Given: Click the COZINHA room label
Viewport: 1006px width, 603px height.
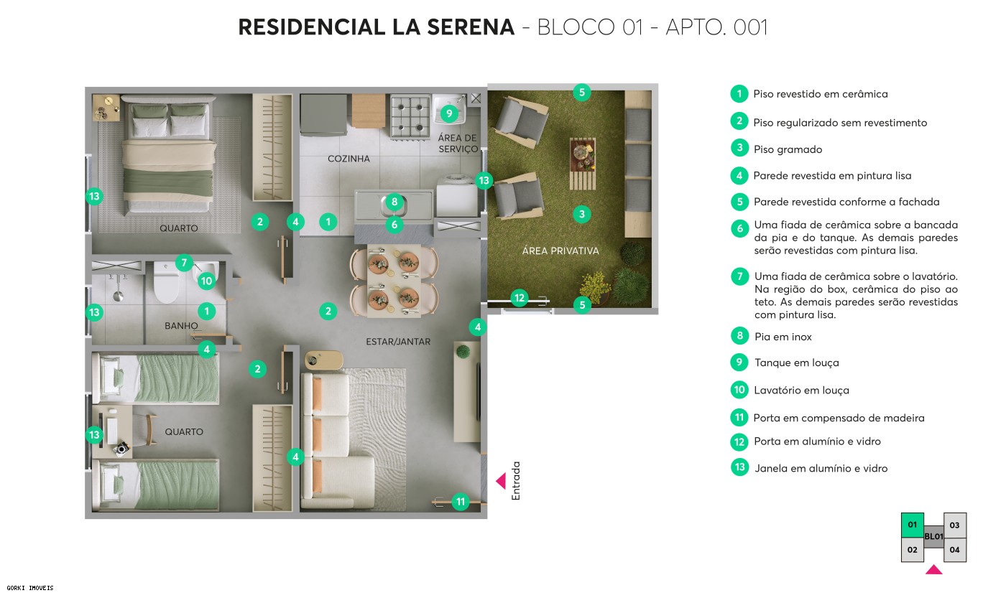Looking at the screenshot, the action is (349, 159).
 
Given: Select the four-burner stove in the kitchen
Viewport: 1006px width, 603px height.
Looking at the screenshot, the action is (410, 116).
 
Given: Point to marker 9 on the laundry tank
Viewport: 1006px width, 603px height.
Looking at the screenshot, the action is (448, 113).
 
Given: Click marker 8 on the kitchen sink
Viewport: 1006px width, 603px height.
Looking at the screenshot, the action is (394, 202).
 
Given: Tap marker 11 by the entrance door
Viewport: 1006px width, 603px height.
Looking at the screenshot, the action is (460, 502).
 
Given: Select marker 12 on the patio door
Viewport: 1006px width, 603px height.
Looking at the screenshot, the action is (520, 297).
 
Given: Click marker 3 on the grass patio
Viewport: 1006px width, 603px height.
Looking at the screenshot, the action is (582, 213).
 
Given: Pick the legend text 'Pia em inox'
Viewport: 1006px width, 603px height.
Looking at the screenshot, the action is (783, 337).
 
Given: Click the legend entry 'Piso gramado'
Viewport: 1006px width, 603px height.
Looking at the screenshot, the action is (788, 149).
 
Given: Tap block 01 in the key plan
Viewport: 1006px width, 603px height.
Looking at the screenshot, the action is (912, 525).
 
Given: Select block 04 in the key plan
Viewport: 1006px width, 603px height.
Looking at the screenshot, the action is (954, 550).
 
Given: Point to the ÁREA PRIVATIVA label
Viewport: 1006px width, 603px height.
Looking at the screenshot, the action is (560, 251).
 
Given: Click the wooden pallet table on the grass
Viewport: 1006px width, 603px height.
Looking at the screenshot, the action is (583, 164).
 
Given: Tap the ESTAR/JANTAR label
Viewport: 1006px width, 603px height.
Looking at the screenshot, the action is (398, 342).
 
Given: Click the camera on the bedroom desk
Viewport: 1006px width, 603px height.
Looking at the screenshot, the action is (121, 449).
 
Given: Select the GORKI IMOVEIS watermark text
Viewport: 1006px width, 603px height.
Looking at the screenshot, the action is (27, 588).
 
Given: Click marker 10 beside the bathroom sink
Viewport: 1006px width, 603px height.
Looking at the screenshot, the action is (206, 281).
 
